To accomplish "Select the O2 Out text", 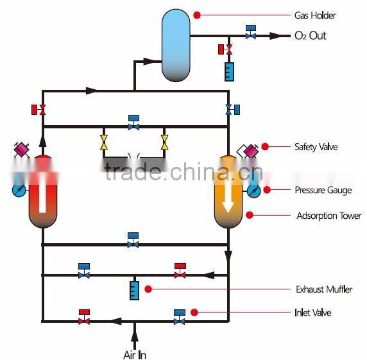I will tap(310, 36).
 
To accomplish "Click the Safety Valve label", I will tap(316, 147).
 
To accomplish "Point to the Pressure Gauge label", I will tap(323, 190).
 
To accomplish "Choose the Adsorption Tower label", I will tap(329, 216).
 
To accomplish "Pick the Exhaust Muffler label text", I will tap(324, 289).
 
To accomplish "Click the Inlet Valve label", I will tap(313, 313).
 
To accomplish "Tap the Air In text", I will tap(135, 354).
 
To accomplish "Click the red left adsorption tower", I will tap(42, 193).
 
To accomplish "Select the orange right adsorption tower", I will tap(228, 193).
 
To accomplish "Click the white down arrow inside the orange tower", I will tap(228, 202).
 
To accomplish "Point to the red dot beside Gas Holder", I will tap(197, 14).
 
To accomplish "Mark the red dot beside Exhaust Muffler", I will tap(148, 289).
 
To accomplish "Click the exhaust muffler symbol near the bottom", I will tap(135, 289).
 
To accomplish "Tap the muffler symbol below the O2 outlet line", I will tap(229, 71).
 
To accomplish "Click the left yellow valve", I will tap(104, 141).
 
